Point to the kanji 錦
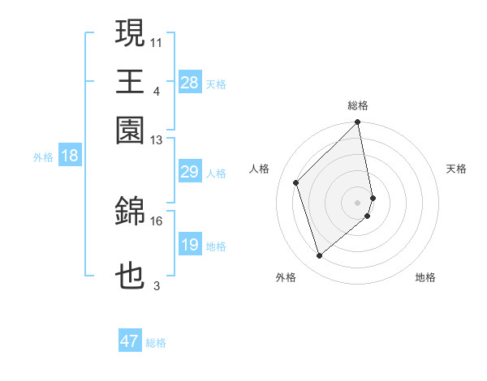(x=131, y=212)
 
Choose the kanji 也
(x=131, y=276)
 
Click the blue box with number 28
(x=189, y=83)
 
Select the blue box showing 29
(x=189, y=172)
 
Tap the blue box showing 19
(x=189, y=245)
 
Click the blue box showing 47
(x=129, y=341)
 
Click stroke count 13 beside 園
(x=157, y=140)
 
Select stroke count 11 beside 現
(x=157, y=41)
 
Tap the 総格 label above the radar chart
(x=358, y=105)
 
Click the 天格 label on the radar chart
(x=456, y=169)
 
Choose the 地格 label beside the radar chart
(x=425, y=277)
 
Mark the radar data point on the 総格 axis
(x=358, y=123)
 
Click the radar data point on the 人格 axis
(x=296, y=182)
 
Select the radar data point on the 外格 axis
(x=320, y=256)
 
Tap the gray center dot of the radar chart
(x=358, y=202)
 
